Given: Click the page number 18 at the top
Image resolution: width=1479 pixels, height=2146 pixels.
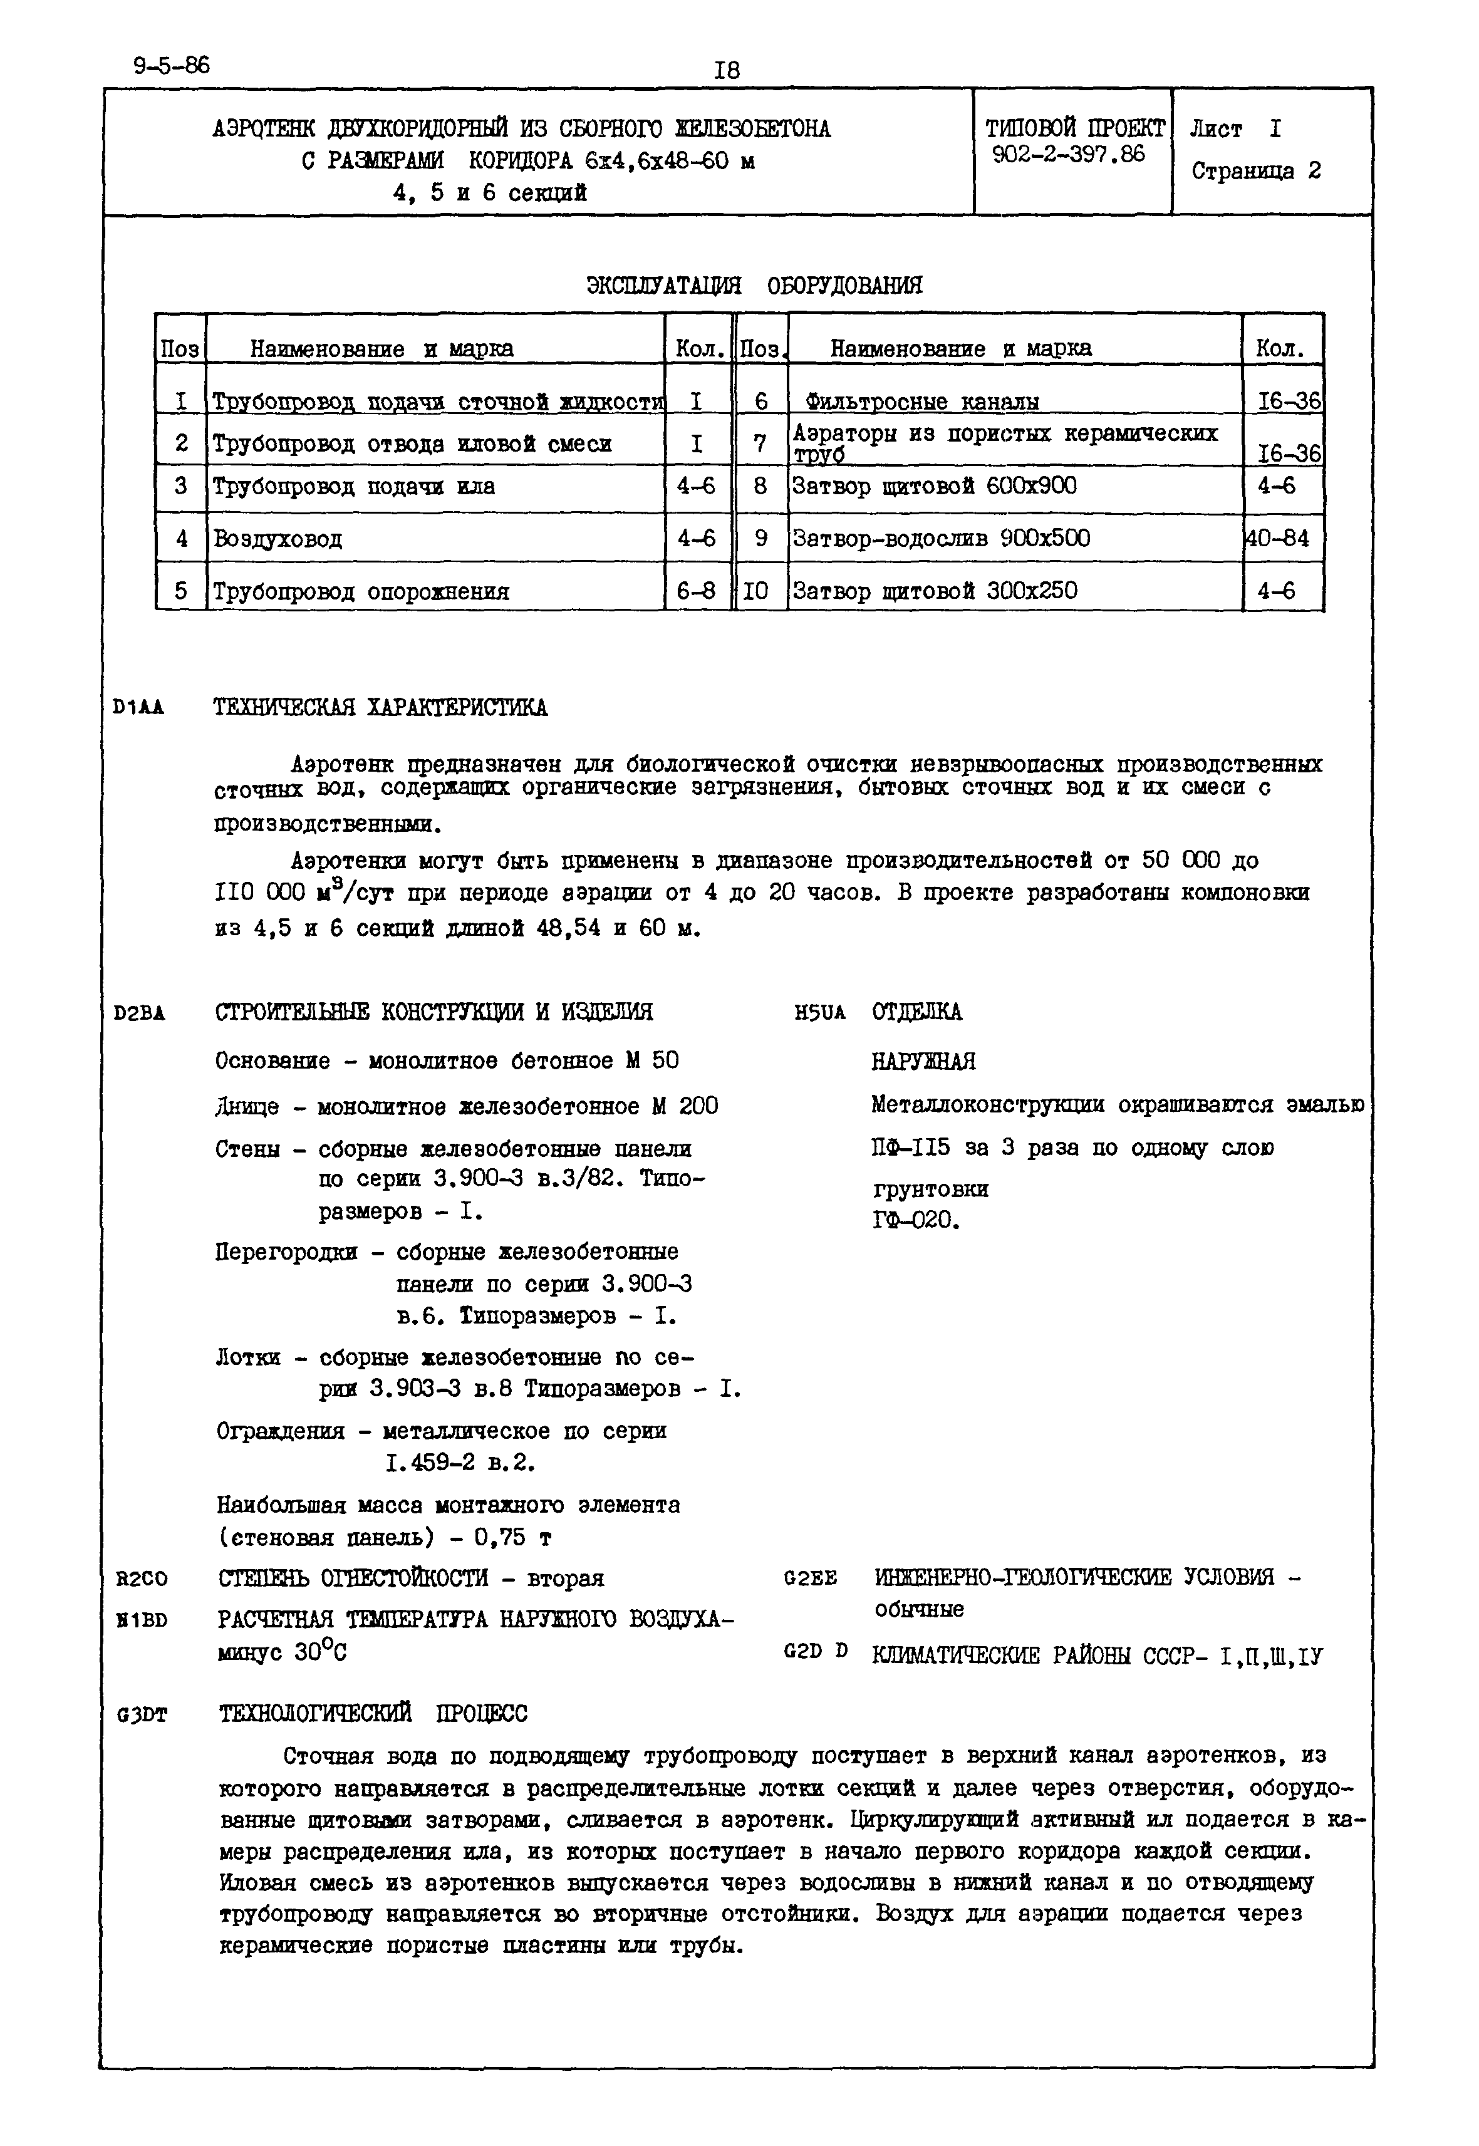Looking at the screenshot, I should coord(727,70).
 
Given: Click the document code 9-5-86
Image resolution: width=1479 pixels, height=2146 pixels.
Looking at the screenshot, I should coord(172,66).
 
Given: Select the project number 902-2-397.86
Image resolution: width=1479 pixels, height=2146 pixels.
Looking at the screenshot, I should coord(1069,155).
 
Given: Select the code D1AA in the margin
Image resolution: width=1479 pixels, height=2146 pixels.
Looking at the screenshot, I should coord(139,708).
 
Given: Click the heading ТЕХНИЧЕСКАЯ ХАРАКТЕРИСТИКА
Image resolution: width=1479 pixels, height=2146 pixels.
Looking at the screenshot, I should coord(380,708).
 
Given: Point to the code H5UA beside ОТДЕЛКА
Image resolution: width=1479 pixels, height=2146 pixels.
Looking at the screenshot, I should coord(820,1013).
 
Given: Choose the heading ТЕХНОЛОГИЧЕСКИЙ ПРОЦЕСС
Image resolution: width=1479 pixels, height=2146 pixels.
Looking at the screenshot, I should coord(373,1714).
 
